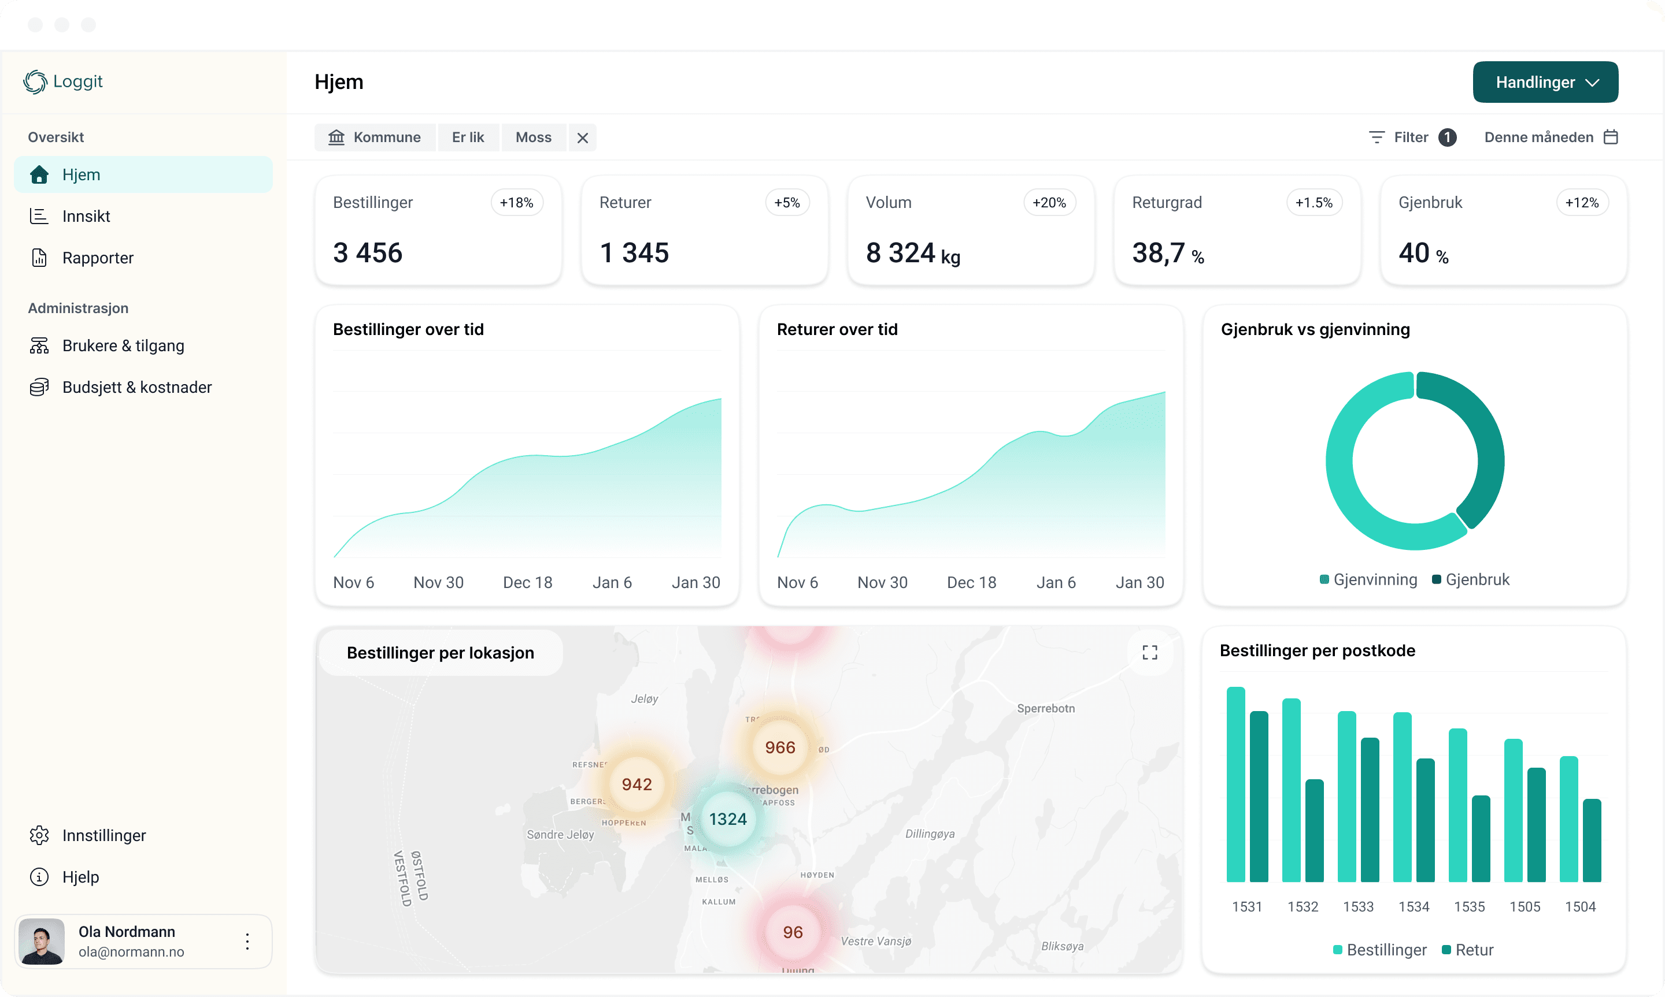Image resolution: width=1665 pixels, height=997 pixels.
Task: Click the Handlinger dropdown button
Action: (x=1545, y=82)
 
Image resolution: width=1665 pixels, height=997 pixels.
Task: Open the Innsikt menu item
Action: (x=86, y=217)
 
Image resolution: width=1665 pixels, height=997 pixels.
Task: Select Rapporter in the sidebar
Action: (x=98, y=258)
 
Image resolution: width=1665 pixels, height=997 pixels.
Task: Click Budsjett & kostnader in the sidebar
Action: (x=136, y=388)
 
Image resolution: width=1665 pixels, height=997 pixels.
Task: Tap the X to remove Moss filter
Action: (x=582, y=137)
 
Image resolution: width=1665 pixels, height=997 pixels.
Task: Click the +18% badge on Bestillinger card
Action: (x=516, y=203)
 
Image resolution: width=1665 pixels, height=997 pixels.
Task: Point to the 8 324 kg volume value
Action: (x=912, y=253)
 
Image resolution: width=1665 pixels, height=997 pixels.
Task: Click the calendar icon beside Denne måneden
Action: (x=1611, y=137)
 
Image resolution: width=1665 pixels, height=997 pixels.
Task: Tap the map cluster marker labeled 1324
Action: (x=727, y=819)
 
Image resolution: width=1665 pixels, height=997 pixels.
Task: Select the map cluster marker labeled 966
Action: (x=780, y=747)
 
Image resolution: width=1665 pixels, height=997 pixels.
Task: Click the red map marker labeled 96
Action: (x=793, y=932)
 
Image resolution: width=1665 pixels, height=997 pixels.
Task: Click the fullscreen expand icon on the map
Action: (x=1149, y=652)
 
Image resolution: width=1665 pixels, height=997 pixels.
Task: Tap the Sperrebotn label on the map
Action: (x=1045, y=708)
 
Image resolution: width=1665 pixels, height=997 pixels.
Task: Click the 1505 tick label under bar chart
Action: (x=1525, y=906)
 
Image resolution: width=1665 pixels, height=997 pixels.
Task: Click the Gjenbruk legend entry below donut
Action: (x=1471, y=580)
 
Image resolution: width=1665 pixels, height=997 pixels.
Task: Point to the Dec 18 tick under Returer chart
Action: (x=971, y=582)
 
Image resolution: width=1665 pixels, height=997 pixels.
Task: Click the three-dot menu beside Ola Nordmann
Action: (x=247, y=941)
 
